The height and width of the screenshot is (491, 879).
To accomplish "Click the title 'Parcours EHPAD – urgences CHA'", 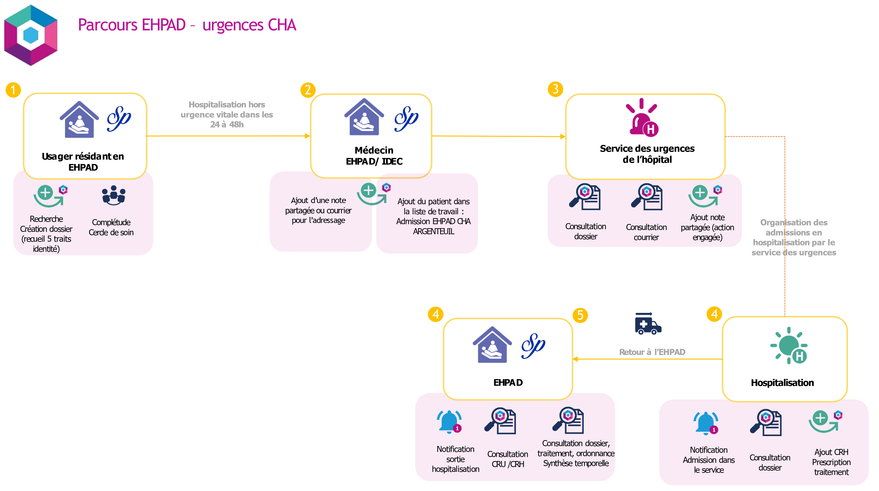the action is coord(187,25).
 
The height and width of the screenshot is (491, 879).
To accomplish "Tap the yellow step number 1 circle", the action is coord(13,90).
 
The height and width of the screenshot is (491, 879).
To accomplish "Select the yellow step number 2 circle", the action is coord(308,90).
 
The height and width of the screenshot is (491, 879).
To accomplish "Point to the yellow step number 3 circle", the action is coord(555,89).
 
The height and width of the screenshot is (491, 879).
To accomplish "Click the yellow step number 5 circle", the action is coord(580,315).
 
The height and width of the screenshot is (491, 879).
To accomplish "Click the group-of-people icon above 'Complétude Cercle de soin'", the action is coord(114,195).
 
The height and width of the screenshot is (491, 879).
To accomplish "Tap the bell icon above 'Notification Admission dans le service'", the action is coord(706,423).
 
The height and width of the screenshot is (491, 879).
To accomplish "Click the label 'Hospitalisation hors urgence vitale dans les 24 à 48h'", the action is coord(227,114).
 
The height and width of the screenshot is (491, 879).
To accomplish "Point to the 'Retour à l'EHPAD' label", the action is coord(652,352).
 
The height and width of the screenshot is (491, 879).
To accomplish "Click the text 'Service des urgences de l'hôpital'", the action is coord(647,154).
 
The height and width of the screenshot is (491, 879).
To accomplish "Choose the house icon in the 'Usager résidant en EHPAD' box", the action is coord(79,119).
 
